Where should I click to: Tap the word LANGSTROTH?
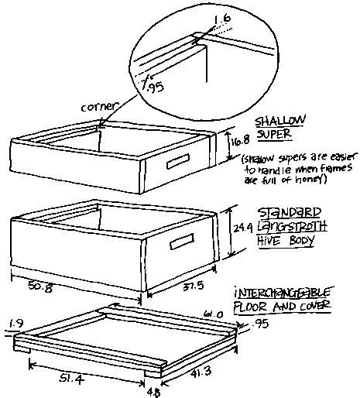tap(293, 225)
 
